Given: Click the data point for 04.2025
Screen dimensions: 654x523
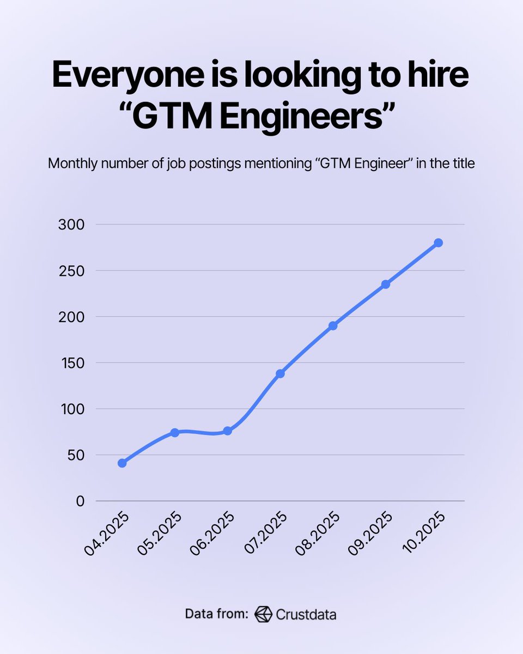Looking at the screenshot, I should [122, 463].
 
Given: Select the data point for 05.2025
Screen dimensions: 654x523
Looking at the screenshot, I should [175, 432].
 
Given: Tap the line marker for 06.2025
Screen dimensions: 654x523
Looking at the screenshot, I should [228, 431].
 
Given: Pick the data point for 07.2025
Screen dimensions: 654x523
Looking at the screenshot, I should [280, 373].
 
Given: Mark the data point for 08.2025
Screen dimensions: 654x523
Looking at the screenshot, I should [333, 325].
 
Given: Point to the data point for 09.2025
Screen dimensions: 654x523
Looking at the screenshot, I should [386, 284].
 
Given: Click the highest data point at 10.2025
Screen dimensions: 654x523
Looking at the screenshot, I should [438, 243].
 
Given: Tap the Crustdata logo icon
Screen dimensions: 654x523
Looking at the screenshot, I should [263, 614].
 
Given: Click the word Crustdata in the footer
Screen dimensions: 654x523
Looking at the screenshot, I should [306, 615].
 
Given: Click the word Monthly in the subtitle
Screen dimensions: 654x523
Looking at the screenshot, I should [69, 163].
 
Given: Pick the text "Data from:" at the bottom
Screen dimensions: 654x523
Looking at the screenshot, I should [217, 614].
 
